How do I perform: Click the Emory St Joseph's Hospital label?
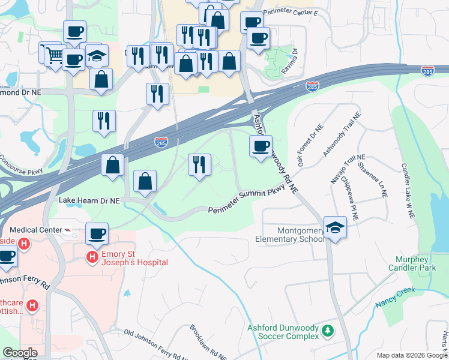(x=134, y=258)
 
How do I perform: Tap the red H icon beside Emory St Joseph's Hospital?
(x=92, y=258)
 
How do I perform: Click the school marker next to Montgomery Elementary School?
(x=336, y=227)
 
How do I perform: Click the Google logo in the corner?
(x=20, y=353)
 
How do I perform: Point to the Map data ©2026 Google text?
(x=411, y=355)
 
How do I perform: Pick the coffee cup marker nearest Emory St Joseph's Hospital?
(x=96, y=233)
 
